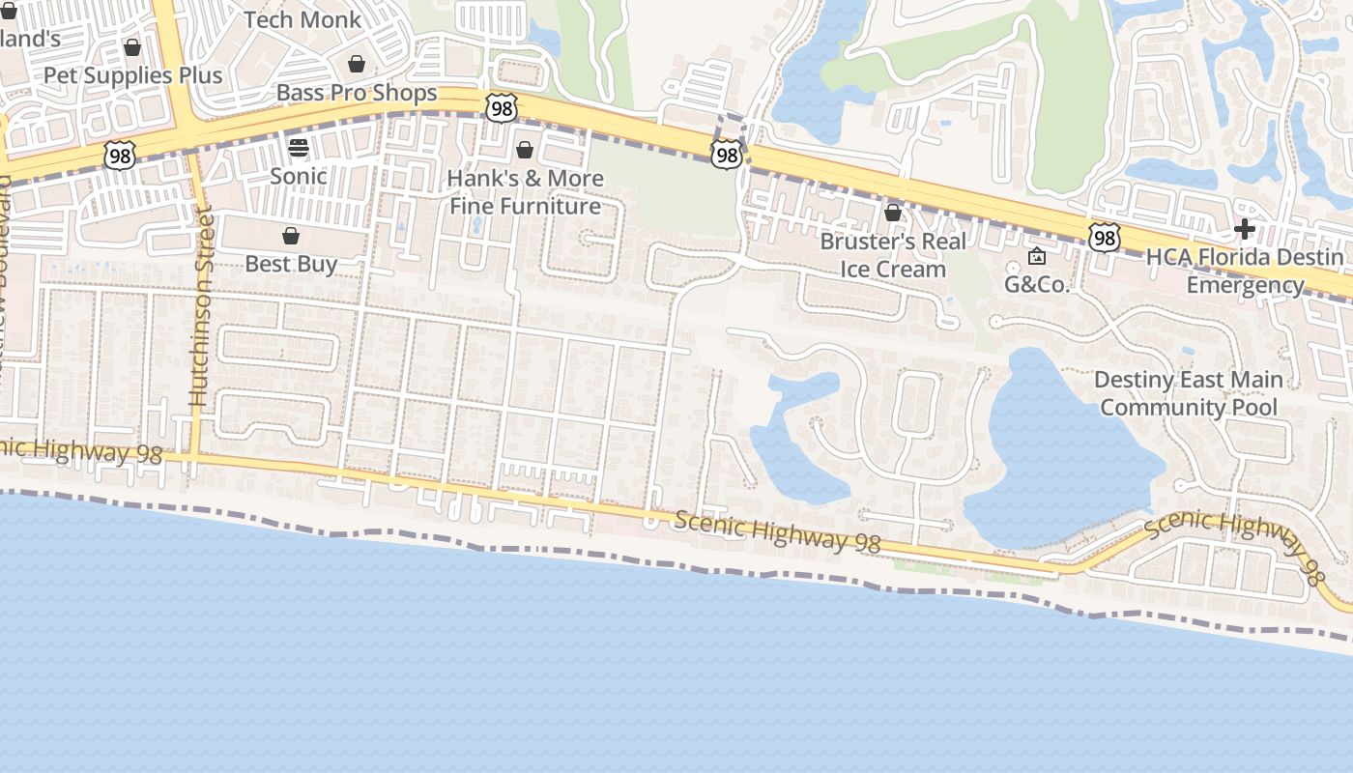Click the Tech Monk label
(302, 19)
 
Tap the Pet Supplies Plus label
(132, 75)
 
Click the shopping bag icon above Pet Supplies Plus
(132, 47)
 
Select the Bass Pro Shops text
(357, 93)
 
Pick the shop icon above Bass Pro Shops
(357, 65)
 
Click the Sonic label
(298, 176)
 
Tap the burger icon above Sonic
(298, 148)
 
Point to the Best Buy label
(291, 264)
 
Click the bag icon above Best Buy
(291, 236)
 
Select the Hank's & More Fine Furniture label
(526, 192)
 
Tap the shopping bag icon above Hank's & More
(525, 150)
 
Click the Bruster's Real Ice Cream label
(893, 255)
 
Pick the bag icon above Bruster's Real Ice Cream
(893, 212)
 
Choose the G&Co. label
(1037, 284)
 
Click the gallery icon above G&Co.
(1037, 256)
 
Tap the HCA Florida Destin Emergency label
(1245, 272)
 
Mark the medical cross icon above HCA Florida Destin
(1245, 229)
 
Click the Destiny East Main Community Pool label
(1189, 393)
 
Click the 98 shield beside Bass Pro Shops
(502, 107)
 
